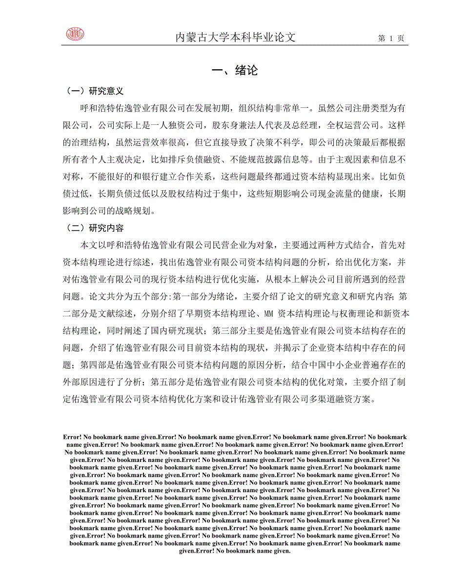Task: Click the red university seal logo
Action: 75,34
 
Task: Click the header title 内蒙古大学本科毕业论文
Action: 236,38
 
